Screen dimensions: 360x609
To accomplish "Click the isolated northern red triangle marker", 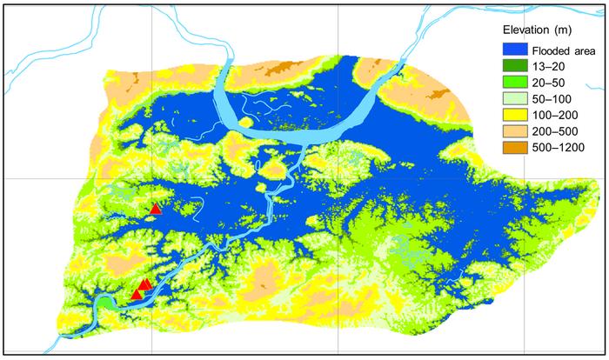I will pos(156,209).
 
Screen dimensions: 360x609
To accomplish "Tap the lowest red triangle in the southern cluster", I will pos(136,296).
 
